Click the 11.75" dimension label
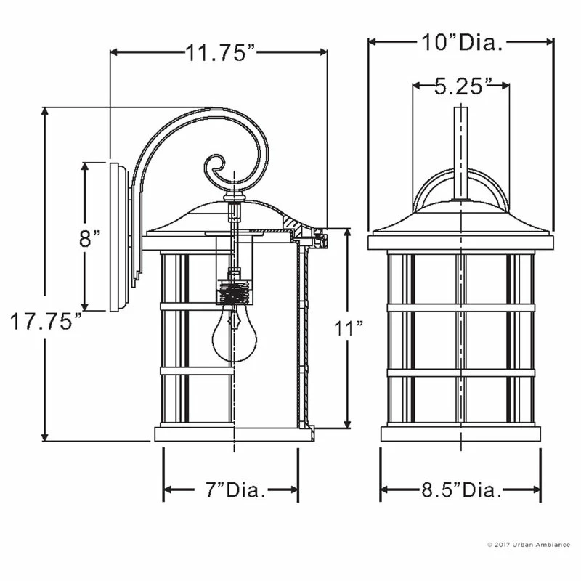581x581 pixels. (219, 52)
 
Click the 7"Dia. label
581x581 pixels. (231, 490)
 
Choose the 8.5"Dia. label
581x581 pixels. (461, 490)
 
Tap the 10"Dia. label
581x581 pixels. (461, 43)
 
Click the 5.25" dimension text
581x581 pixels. (459, 86)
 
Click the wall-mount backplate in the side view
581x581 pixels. (118, 237)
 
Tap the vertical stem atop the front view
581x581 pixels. (460, 153)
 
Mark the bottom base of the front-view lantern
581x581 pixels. (460, 434)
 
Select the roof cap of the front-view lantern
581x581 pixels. (460, 222)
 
